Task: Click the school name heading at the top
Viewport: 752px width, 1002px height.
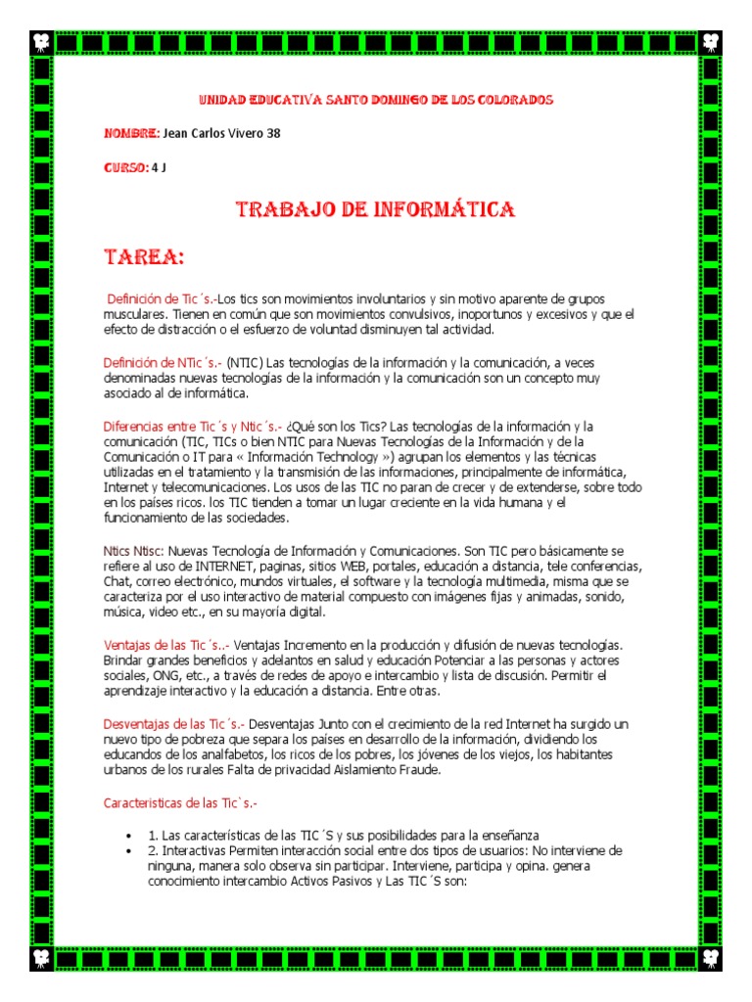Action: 376,100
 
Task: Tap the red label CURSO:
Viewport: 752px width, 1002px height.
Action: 125,167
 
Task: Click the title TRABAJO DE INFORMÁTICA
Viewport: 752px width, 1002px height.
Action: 376,210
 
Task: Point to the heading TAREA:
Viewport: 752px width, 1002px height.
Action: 144,257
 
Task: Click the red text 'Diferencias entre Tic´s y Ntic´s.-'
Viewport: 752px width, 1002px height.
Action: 193,427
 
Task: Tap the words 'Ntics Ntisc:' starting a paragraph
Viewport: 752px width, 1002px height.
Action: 134,552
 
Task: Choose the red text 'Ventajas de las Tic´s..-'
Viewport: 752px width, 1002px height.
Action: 167,645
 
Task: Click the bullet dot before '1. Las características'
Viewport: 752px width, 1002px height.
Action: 129,837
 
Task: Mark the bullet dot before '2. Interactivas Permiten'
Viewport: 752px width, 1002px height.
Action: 129,851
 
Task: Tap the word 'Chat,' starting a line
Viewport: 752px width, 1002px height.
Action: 118,582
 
